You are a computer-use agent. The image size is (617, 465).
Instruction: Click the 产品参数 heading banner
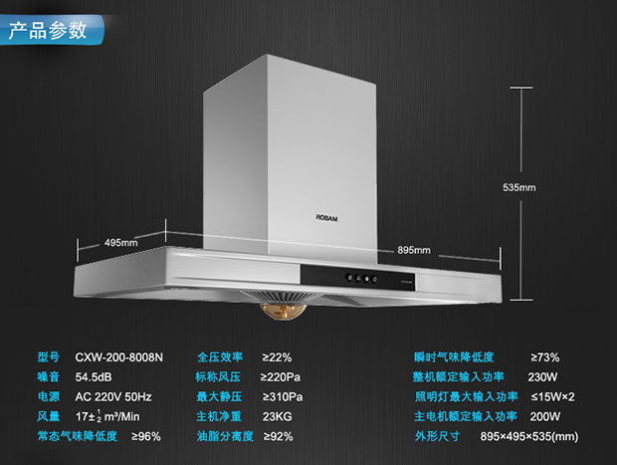[x=51, y=30]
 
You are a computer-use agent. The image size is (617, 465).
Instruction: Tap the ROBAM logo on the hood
[x=326, y=218]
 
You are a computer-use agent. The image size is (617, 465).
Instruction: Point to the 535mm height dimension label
[x=519, y=187]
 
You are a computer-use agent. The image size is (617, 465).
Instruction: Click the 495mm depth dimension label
[x=121, y=243]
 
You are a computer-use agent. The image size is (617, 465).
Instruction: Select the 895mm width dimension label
[x=414, y=250]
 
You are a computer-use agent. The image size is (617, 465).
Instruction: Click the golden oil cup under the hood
[x=283, y=312]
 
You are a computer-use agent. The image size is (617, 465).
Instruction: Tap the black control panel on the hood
[x=357, y=277]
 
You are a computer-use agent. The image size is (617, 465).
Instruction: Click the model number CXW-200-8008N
[x=118, y=357]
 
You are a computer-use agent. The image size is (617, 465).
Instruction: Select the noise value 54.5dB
[x=94, y=377]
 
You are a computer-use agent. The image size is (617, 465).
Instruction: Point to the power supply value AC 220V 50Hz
[x=113, y=397]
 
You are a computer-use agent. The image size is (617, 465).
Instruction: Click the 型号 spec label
[x=49, y=357]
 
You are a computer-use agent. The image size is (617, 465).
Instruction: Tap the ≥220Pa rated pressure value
[x=281, y=377]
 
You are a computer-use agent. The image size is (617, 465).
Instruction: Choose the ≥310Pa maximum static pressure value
[x=283, y=397]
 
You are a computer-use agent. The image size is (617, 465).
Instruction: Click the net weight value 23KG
[x=278, y=416]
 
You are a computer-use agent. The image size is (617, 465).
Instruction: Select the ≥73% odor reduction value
[x=545, y=357]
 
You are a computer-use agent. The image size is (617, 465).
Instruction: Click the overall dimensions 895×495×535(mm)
[x=529, y=437]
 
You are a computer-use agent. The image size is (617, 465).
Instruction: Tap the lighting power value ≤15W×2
[x=552, y=397]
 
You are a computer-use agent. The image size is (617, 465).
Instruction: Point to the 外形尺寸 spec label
[x=437, y=436]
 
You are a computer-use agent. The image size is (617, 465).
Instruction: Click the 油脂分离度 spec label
[x=225, y=436]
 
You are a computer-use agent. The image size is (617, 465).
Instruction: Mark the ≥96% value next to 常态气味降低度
[x=146, y=437]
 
